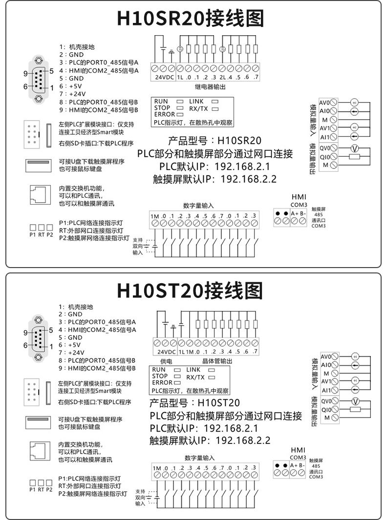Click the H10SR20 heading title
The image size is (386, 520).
tap(191, 18)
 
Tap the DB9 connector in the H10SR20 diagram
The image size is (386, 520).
tap(38, 80)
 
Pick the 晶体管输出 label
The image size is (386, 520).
tap(216, 361)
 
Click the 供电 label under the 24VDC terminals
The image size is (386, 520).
tap(166, 361)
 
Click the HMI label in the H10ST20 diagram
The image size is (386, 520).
tap(298, 450)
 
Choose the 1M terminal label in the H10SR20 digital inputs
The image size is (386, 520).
tap(155, 216)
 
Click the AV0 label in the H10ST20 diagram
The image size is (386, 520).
tap(326, 356)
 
